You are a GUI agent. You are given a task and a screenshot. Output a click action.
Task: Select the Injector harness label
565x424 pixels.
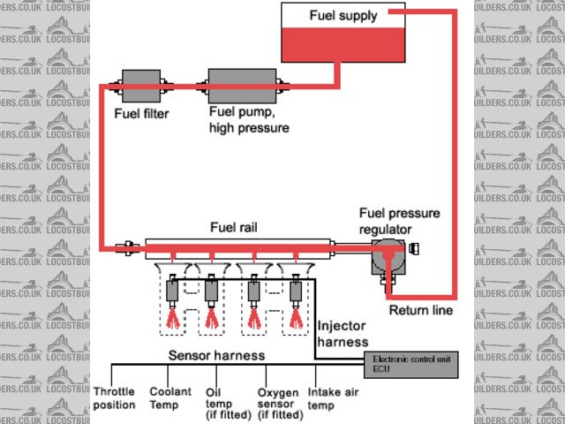pyautogui.click(x=343, y=333)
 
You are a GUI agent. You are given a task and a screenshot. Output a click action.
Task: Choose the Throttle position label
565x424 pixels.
pyautogui.click(x=114, y=397)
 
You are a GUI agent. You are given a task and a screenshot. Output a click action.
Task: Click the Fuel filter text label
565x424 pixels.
pyautogui.click(x=141, y=113)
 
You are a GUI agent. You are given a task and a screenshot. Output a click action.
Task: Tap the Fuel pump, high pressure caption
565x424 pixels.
pyautogui.click(x=248, y=120)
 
